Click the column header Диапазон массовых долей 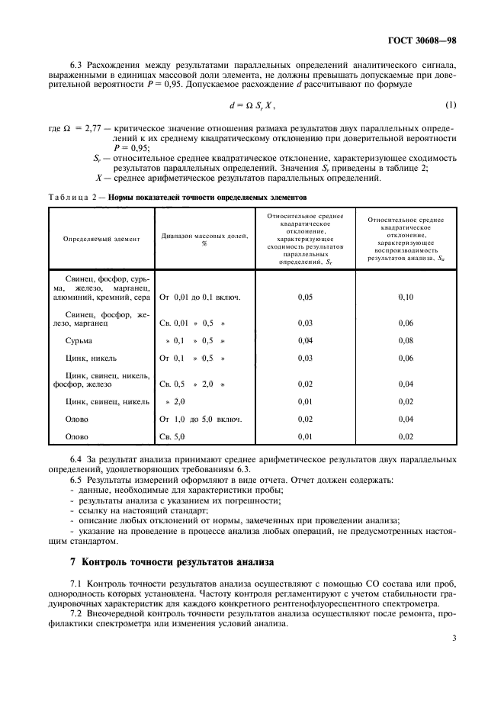click(204, 239)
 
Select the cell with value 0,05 click(305, 297)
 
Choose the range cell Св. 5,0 click(172, 436)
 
